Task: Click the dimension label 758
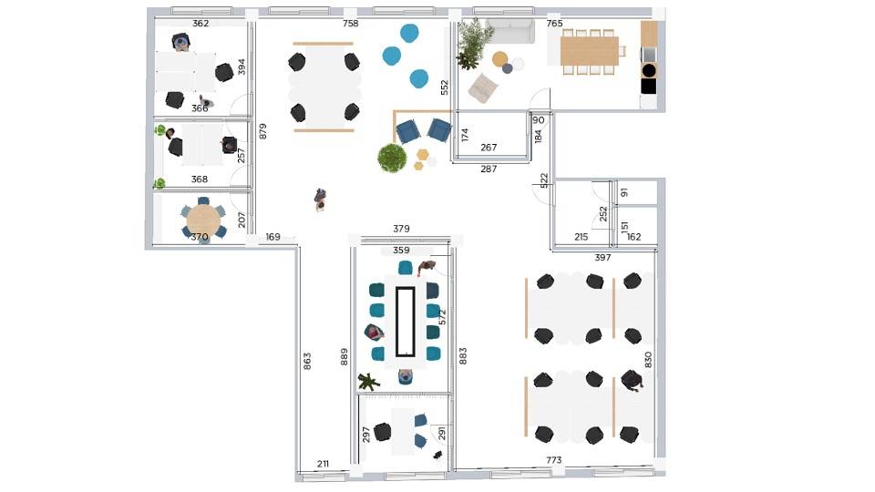[x=350, y=24]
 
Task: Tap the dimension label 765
[x=554, y=24]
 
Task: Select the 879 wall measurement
[x=262, y=131]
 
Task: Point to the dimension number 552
[x=444, y=87]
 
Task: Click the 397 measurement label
[x=602, y=258]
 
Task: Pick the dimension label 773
[x=553, y=460]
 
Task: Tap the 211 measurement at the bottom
[x=323, y=464]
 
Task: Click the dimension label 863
[x=307, y=362]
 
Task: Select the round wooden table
[x=203, y=220]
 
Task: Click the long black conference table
[x=405, y=322]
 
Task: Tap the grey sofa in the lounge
[x=509, y=30]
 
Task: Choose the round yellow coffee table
[x=500, y=58]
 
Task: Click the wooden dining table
[x=590, y=51]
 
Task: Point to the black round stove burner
[x=648, y=70]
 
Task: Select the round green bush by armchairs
[x=392, y=158]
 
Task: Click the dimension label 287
[x=489, y=169]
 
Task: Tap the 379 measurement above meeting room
[x=401, y=229]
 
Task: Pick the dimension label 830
[x=648, y=359]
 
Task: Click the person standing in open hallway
[x=320, y=200]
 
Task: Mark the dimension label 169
[x=273, y=237]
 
